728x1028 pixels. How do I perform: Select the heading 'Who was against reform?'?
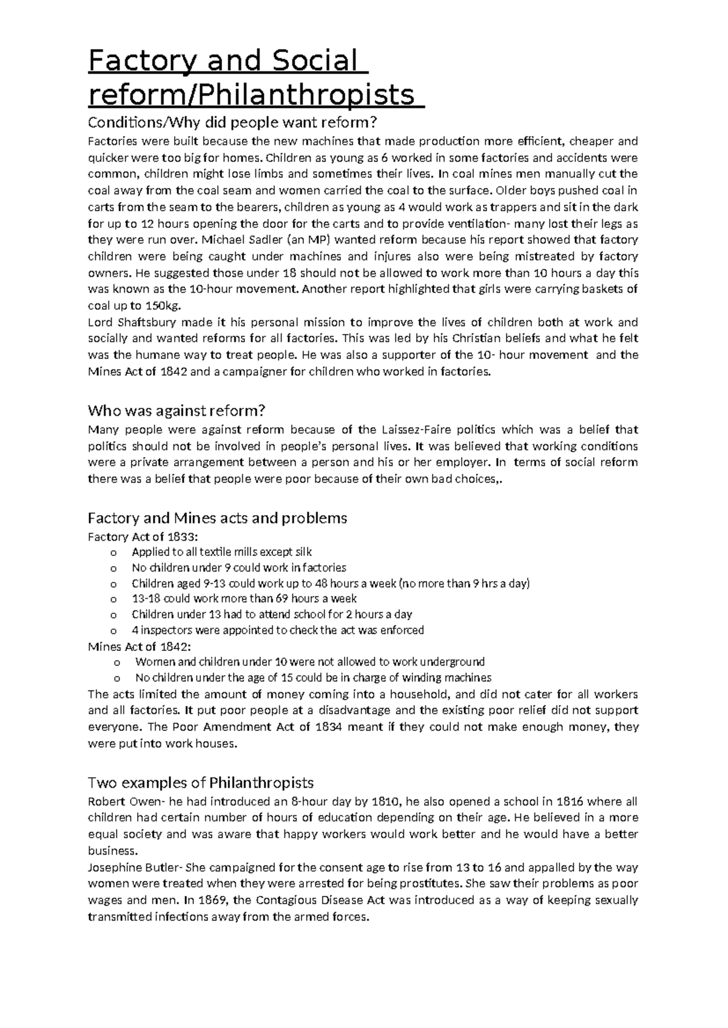[x=177, y=411]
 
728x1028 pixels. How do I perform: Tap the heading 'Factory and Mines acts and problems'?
[x=217, y=518]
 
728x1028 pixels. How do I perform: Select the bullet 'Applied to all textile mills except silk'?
[x=221, y=552]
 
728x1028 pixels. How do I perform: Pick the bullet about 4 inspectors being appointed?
[x=277, y=630]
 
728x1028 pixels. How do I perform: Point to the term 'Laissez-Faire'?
[x=412, y=430]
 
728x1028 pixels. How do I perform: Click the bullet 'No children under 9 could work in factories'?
[x=238, y=568]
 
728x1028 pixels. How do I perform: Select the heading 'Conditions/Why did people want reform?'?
[x=232, y=123]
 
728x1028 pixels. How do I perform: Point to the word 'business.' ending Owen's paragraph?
[x=113, y=850]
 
